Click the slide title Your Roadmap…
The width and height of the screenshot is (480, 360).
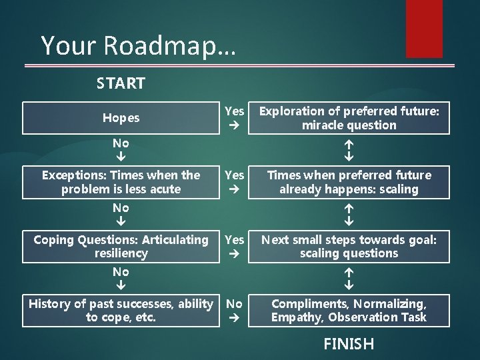point(137,45)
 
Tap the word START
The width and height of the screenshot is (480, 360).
point(121,84)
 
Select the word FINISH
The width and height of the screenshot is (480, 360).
point(348,344)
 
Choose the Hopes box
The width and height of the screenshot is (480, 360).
point(121,118)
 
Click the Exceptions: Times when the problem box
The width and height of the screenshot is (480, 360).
point(121,182)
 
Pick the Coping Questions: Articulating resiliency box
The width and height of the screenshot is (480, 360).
point(121,246)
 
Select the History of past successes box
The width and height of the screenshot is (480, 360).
point(121,311)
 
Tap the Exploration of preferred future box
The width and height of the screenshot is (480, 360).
point(349,118)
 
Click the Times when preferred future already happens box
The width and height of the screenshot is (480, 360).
point(349,182)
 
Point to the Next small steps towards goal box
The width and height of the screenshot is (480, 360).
point(349,246)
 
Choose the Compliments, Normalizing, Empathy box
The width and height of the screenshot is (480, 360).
point(349,311)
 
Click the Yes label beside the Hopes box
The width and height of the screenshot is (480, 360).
point(235,111)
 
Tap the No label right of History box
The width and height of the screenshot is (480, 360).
point(235,304)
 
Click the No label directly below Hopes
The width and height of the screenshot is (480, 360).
point(121,143)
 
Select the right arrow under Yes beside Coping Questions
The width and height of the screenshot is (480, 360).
point(235,253)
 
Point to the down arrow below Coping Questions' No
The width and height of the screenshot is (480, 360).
point(121,285)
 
